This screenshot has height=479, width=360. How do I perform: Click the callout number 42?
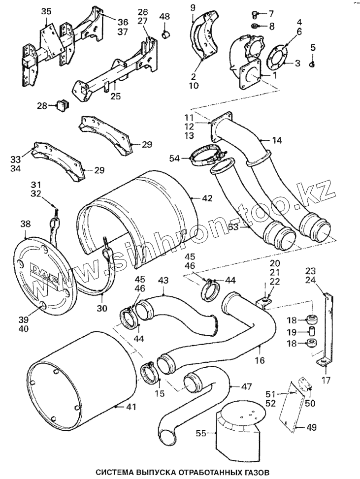(207, 198)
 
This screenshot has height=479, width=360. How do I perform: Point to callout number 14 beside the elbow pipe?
(277, 141)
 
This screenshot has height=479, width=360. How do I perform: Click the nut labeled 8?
(255, 26)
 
